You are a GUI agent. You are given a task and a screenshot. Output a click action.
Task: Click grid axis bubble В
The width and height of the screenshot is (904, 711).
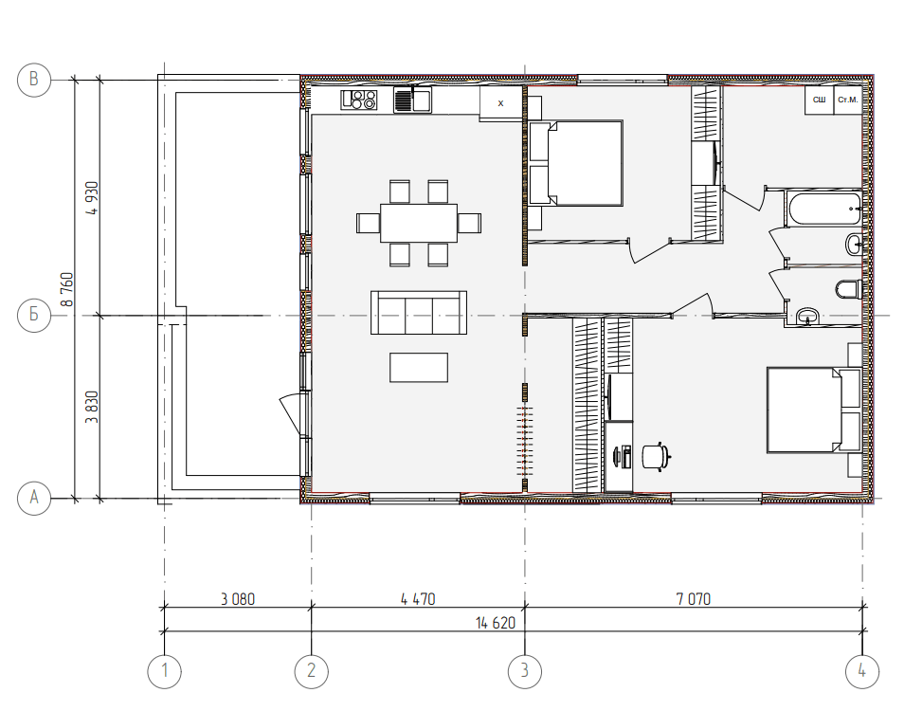coord(34,80)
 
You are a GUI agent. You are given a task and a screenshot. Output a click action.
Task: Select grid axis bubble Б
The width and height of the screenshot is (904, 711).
coord(34,316)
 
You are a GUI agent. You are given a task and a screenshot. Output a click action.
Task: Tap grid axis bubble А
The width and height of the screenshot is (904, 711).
coord(34,498)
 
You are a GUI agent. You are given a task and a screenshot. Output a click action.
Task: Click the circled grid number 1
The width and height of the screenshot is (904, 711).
coord(164,671)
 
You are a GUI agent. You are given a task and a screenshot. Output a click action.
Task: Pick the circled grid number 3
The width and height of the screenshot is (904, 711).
coord(525,671)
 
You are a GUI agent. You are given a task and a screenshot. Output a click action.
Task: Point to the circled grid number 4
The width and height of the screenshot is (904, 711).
coord(862,671)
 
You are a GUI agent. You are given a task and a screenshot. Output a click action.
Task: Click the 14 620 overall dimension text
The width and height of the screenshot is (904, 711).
coord(496,624)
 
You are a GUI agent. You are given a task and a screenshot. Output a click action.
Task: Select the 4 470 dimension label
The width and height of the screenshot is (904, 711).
coord(418,599)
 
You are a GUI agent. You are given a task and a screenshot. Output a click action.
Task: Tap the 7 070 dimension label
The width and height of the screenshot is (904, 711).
coord(694,599)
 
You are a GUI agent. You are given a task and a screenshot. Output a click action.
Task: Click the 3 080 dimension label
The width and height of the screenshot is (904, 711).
coord(238,599)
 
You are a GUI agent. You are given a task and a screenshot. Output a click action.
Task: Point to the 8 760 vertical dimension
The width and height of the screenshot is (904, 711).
coord(67,289)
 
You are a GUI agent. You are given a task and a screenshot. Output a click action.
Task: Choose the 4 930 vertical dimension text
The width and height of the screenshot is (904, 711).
coord(92,198)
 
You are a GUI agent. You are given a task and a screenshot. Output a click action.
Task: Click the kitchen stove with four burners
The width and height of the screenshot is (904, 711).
coord(358,100)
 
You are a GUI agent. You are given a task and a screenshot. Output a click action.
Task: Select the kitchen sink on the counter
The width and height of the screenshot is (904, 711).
coord(412,100)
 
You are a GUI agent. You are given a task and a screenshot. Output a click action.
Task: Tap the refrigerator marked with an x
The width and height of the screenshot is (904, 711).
coord(501,103)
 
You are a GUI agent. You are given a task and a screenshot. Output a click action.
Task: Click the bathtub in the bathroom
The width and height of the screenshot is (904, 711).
coord(824,209)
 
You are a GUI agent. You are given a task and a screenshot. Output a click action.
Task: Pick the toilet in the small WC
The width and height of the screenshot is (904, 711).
coord(849,288)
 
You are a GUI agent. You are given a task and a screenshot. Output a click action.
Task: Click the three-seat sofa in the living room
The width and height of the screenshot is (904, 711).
coord(419,313)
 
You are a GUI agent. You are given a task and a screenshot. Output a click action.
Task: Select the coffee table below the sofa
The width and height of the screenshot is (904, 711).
coord(419,367)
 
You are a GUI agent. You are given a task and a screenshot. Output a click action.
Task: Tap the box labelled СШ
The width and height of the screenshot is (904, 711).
coord(820,100)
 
